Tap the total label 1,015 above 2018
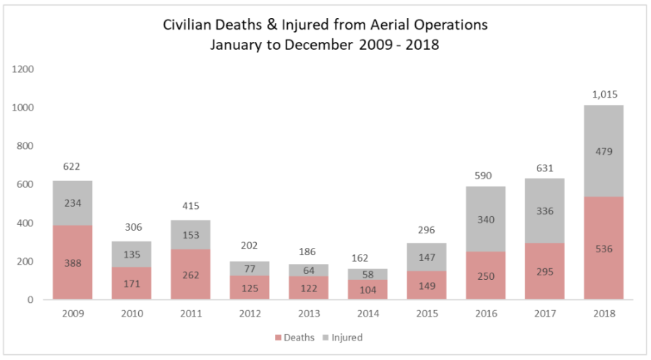point(604,94)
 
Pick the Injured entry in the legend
point(343,338)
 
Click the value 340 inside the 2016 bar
point(485,220)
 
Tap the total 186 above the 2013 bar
point(308,253)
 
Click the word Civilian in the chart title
point(190,25)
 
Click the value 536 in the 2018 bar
point(604,249)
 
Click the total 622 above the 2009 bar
point(72,166)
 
